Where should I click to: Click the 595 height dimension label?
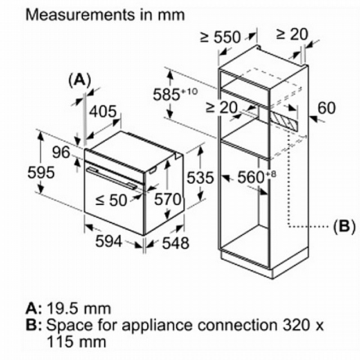41,172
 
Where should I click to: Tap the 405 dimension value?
103,111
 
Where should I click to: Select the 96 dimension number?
61,152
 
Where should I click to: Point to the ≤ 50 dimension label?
111,200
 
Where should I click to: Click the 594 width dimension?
109,241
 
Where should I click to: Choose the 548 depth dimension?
175,243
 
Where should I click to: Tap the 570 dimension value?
168,199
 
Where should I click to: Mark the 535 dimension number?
200,177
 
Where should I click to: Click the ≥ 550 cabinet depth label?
220,37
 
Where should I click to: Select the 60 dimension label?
327,108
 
